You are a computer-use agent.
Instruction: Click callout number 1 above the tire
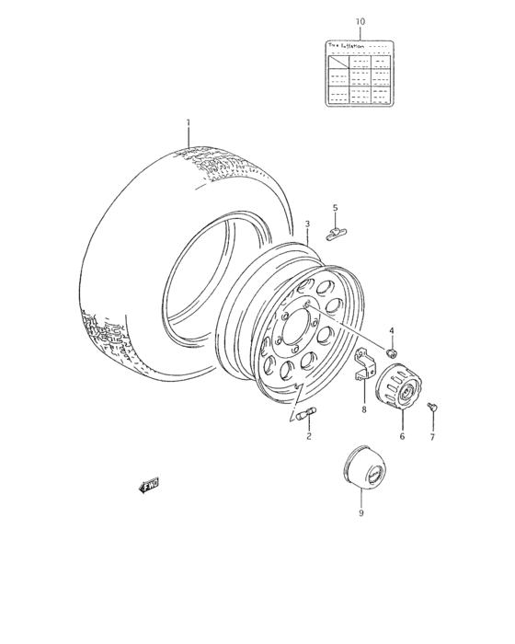[x=188, y=122]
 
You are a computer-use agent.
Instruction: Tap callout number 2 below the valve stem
[x=309, y=436]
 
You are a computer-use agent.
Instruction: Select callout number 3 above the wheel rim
[x=308, y=224]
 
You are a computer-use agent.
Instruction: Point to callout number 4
[x=391, y=330]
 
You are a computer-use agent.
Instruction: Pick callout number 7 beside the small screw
[x=432, y=437]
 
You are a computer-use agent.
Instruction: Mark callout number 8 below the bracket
[x=363, y=409]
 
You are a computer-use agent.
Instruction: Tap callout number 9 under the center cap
[x=360, y=513]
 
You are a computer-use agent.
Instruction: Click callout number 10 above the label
[x=360, y=20]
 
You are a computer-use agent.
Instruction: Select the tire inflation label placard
[x=360, y=74]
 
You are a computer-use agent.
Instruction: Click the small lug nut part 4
[x=391, y=351]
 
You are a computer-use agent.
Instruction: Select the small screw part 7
[x=433, y=406]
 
